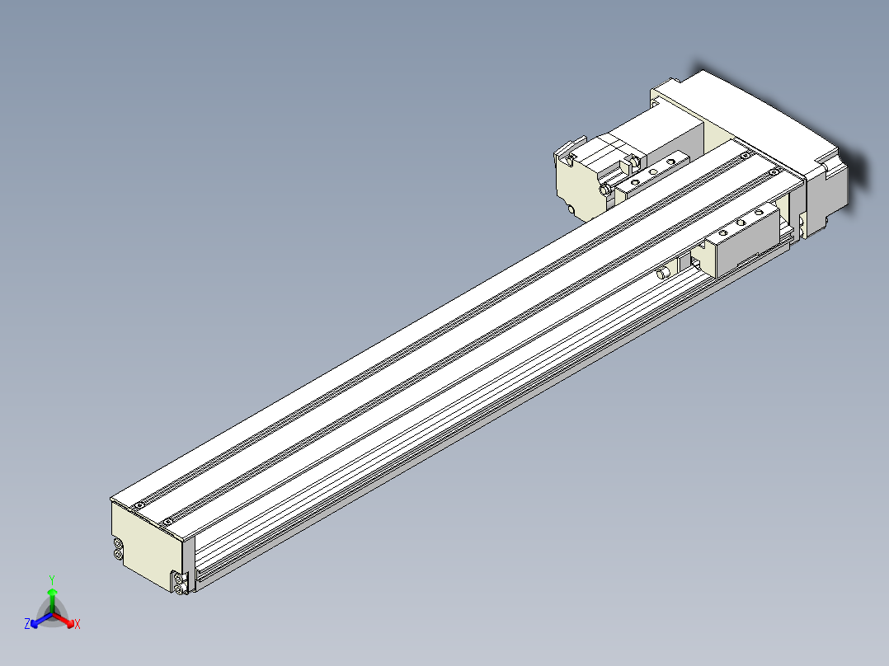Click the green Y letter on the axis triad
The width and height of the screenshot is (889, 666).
(51, 579)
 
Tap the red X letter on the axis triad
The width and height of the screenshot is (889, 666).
(78, 625)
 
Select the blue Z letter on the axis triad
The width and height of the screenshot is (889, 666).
(27, 624)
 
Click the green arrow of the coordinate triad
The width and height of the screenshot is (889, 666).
(52, 595)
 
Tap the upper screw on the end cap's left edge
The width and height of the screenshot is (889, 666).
(119, 544)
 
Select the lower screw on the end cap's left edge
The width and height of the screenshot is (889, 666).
(119, 555)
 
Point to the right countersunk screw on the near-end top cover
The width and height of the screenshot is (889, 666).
(167, 521)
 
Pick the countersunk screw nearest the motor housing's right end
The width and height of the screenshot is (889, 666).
(773, 172)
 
